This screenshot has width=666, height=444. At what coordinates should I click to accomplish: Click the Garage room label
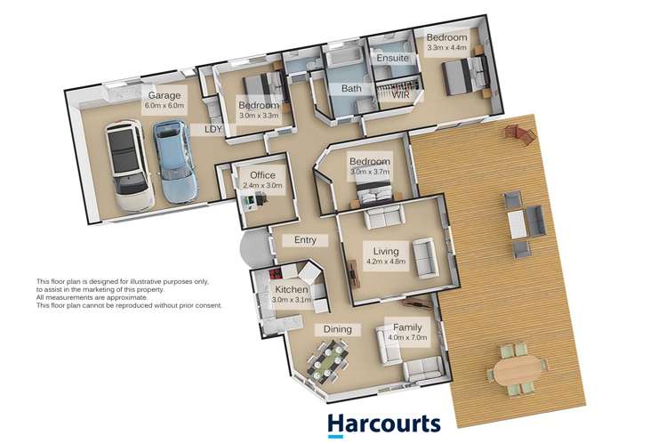point(164,95)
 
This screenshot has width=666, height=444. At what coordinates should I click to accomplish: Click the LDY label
point(213,129)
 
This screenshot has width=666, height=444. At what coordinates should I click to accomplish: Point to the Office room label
point(262,175)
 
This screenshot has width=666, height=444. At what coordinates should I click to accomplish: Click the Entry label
point(299,240)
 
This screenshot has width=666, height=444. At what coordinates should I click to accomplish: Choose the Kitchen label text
point(291,290)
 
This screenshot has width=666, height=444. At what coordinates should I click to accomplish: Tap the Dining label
point(337,329)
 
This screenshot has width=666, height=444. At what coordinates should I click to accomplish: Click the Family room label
point(408,327)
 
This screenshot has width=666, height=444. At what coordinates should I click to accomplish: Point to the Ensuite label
point(392,58)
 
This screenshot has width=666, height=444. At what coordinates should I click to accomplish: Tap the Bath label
point(349,89)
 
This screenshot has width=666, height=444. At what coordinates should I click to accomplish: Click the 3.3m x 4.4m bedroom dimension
point(446,49)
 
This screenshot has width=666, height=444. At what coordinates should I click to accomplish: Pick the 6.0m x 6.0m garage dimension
point(164,106)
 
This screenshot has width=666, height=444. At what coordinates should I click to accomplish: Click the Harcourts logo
point(383,424)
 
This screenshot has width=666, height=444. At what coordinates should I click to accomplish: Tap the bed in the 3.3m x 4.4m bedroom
point(465,74)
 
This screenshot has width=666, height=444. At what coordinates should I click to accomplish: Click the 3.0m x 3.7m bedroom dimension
point(370,172)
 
